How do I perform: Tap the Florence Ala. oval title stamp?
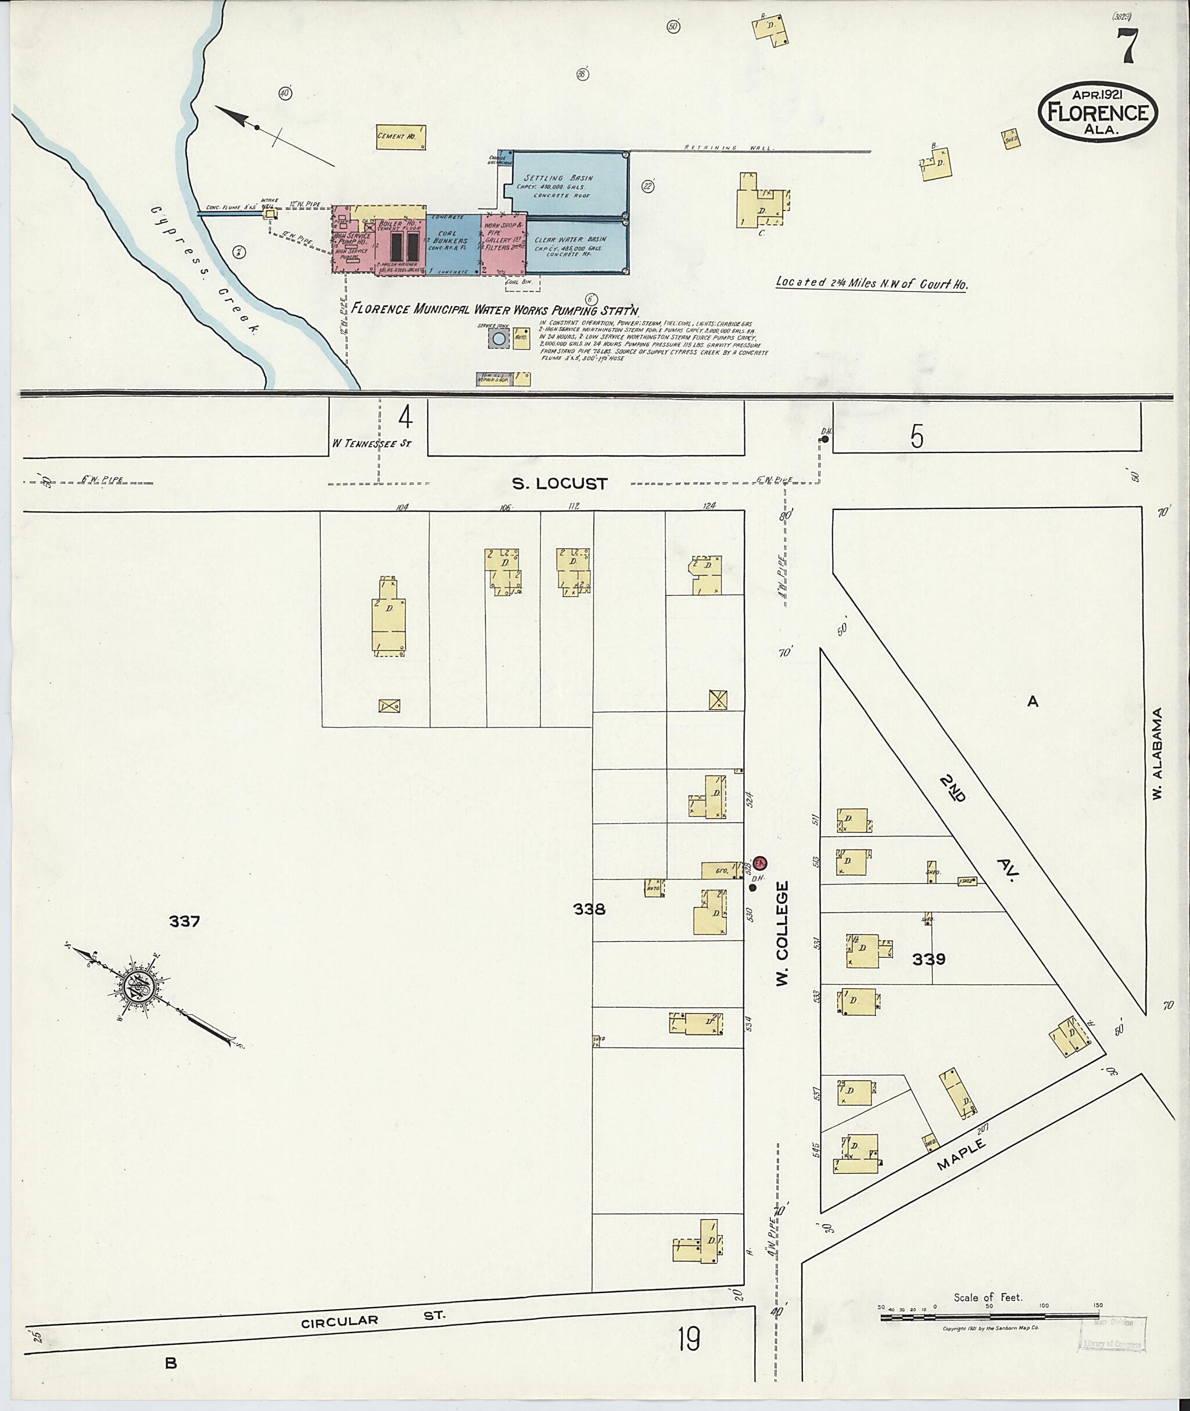[1098, 113]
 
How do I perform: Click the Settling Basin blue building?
[569, 184]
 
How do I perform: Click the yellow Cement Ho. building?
[401, 137]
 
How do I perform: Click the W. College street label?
[782, 934]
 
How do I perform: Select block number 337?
[184, 921]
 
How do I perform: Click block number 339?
[929, 958]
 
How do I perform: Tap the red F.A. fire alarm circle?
[760, 862]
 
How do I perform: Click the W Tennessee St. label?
[371, 443]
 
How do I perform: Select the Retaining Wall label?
[730, 147]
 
